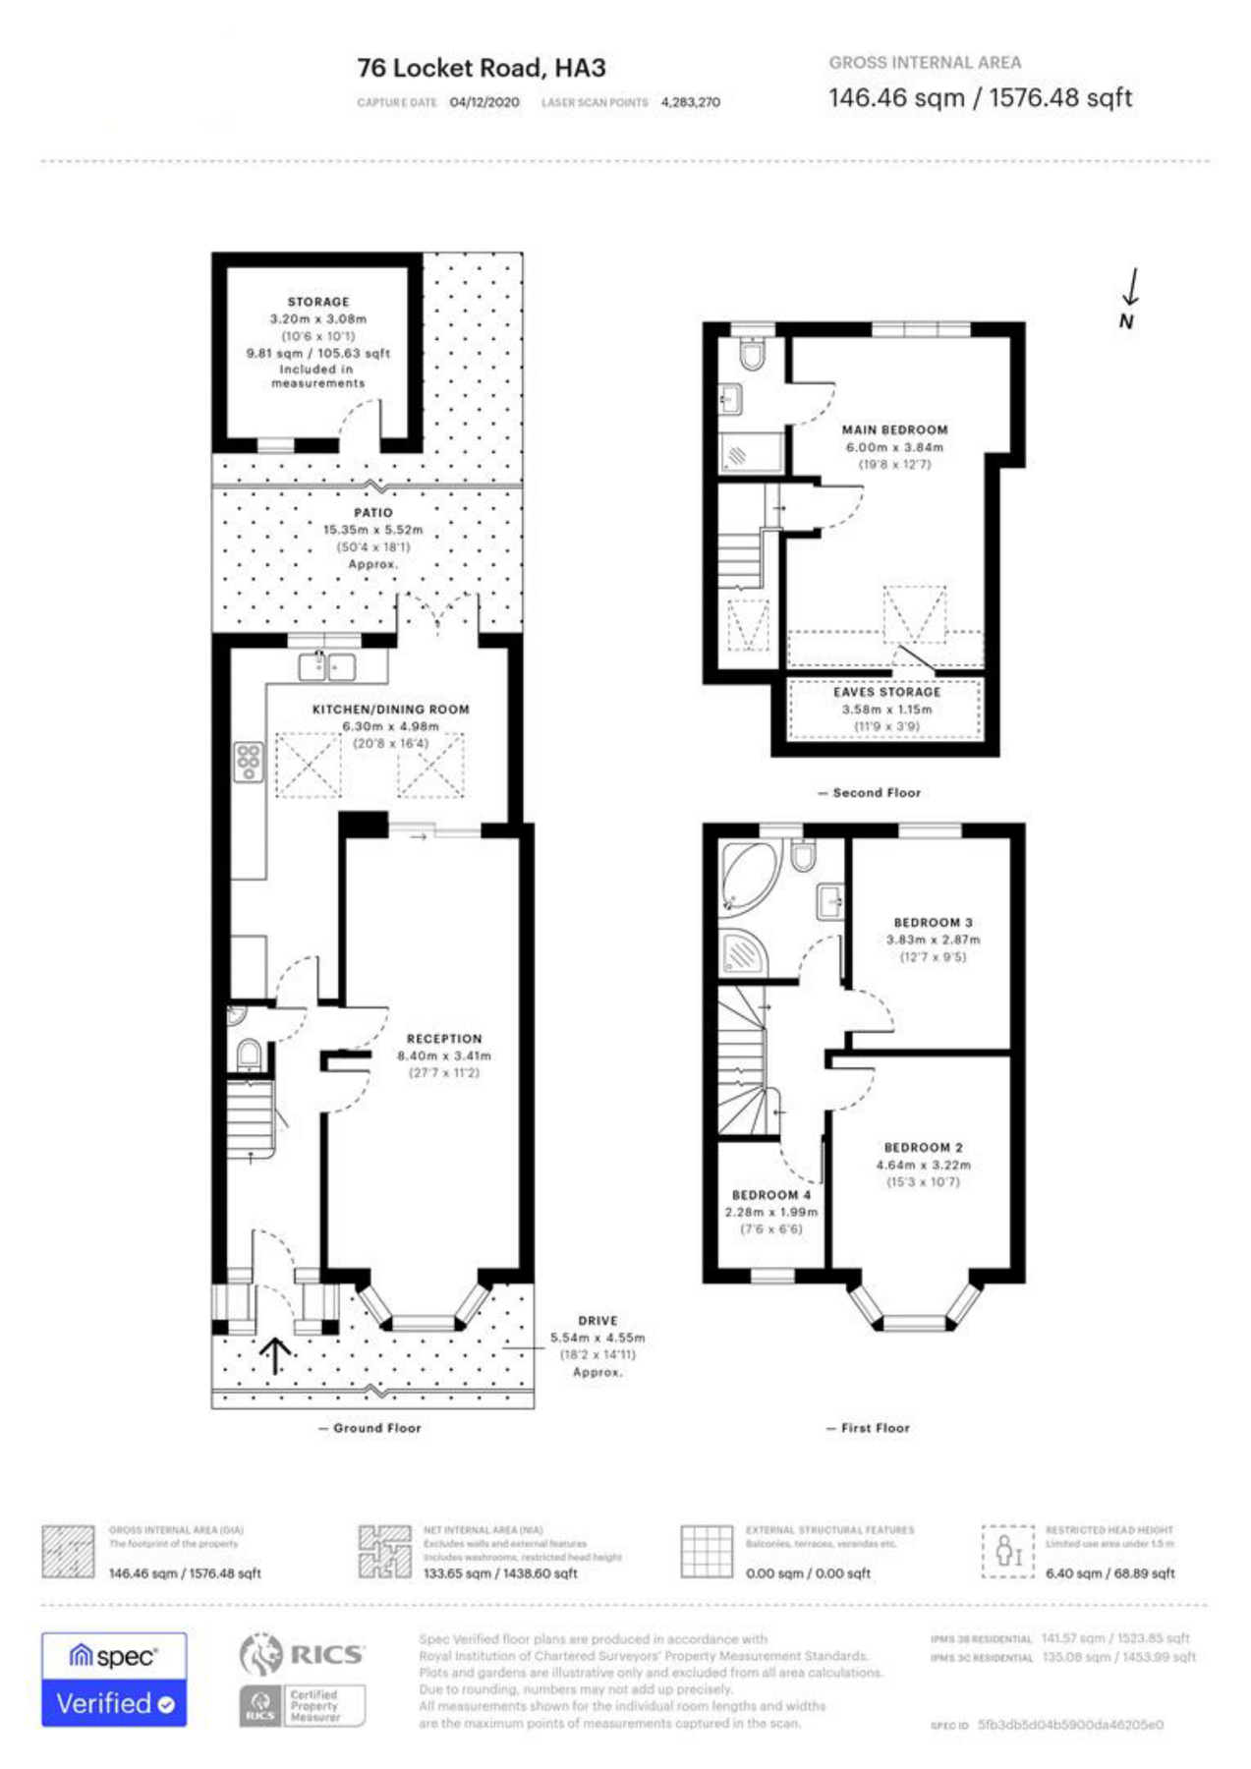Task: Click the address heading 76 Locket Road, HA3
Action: coord(481,68)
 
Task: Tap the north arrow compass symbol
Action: coord(1130,296)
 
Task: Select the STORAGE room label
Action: coord(317,302)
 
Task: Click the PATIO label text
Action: coord(372,512)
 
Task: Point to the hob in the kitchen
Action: coord(249,762)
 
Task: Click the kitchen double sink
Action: coord(327,666)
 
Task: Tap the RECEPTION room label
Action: coord(444,1039)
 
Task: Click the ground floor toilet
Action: coord(249,1055)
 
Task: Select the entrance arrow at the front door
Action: coord(275,1355)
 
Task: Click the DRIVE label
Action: coord(597,1321)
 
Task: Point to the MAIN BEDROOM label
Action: coord(894,429)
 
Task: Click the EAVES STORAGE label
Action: coord(886,692)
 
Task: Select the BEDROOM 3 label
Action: coord(933,923)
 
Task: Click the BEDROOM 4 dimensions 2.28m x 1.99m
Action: coord(770,1212)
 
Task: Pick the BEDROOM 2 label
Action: coord(923,1148)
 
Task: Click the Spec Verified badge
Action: coord(114,1680)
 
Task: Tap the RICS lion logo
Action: coord(260,1654)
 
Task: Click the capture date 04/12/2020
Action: coord(484,102)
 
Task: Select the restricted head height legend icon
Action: coord(1007,1552)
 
